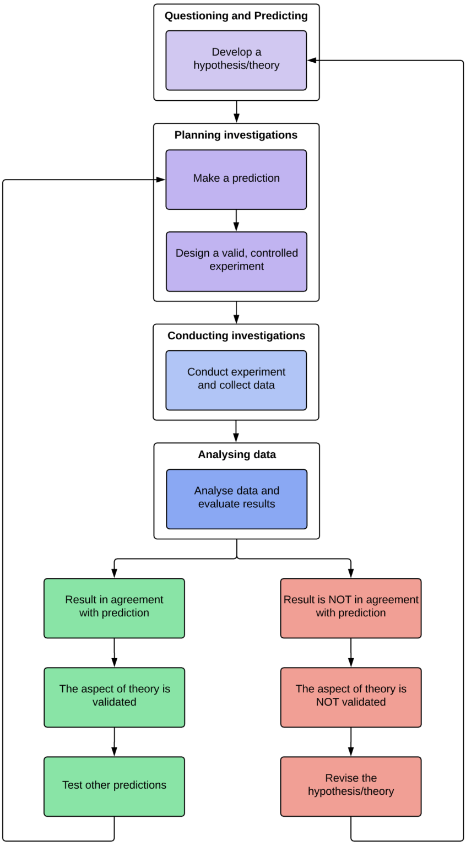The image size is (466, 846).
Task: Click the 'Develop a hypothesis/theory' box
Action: (236, 60)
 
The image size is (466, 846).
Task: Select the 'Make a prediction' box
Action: (236, 179)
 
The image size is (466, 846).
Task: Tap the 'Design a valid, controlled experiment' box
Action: (236, 261)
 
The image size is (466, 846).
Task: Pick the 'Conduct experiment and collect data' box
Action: (236, 380)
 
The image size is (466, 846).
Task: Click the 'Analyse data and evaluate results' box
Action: (236, 499)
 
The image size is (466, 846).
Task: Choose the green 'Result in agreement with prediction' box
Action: (114, 608)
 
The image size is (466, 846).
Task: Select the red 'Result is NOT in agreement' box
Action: (351, 608)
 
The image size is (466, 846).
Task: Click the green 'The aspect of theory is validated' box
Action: (114, 697)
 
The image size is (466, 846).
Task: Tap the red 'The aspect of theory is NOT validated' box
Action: (351, 697)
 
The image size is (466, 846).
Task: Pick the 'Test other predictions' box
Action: (114, 787)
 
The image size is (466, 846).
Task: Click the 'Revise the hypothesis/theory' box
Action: (351, 787)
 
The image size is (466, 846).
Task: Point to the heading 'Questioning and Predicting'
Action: (236, 16)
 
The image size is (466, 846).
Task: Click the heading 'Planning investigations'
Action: (236, 135)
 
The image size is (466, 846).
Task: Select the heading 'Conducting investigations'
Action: (236, 335)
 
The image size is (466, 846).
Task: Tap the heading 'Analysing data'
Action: (237, 454)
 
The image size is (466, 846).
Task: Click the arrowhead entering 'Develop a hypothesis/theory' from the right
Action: (312, 61)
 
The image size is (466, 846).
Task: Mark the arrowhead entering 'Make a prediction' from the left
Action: (160, 180)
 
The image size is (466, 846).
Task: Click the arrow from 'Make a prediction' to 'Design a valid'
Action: (236, 221)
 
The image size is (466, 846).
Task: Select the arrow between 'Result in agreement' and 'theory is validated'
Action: (114, 653)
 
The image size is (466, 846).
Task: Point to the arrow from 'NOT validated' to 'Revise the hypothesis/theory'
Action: (351, 742)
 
